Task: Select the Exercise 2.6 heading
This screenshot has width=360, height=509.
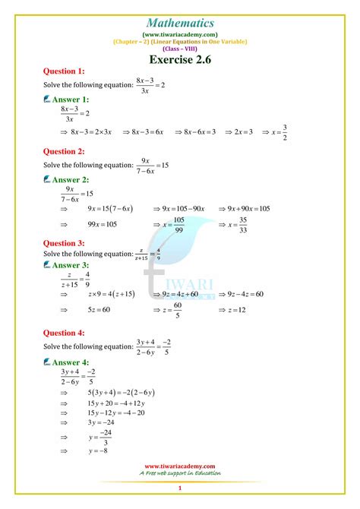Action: (180, 57)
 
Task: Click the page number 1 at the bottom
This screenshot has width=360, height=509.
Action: (180, 488)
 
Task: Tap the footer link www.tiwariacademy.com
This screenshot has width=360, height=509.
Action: (180, 466)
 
